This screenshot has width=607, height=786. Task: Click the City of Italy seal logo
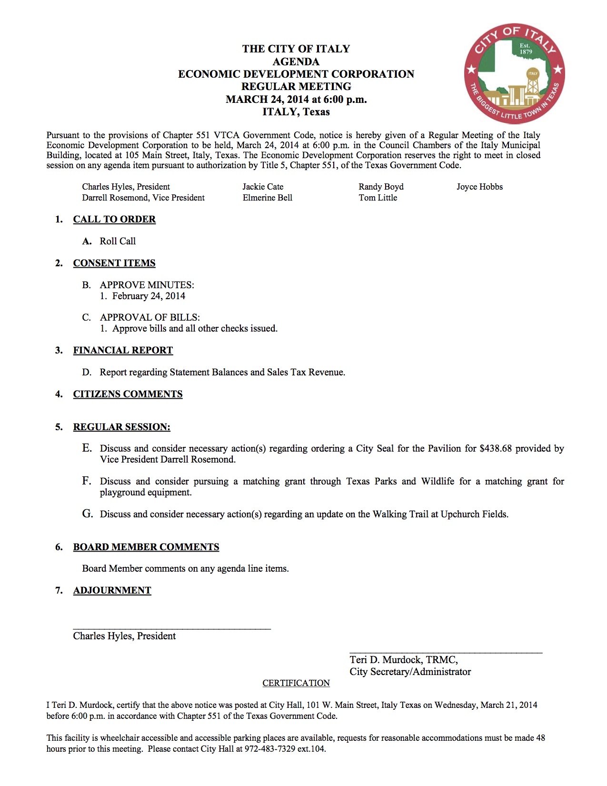pos(514,73)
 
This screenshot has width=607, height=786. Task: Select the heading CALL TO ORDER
pos(114,219)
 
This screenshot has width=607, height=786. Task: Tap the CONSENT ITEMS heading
pos(114,263)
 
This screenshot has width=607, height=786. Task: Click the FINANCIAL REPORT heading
pos(123,350)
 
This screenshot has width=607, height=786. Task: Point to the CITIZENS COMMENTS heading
pos(128,394)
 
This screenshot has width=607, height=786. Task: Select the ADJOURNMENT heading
pos(112,590)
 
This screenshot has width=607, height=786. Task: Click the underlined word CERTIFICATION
pos(296,683)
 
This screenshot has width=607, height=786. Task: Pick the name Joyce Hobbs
pos(479,187)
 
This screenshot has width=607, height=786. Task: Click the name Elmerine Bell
pos(267,198)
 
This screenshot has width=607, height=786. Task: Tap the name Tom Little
pos(378,198)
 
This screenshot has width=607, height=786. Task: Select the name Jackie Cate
pos(263,187)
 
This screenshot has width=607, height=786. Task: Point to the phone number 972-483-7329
pos(270,749)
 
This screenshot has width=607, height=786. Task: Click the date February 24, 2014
pos(149,296)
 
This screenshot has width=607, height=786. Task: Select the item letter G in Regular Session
pos(87,514)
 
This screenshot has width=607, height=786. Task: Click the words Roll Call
pos(118,241)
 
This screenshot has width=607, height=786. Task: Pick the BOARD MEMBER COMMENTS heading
pos(146,547)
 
